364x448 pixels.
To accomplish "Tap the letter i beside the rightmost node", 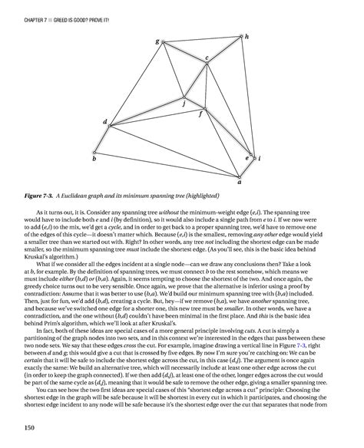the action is [260, 158].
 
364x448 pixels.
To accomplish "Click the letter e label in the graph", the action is [247, 156].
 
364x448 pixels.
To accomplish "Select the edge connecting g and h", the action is [201, 40].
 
